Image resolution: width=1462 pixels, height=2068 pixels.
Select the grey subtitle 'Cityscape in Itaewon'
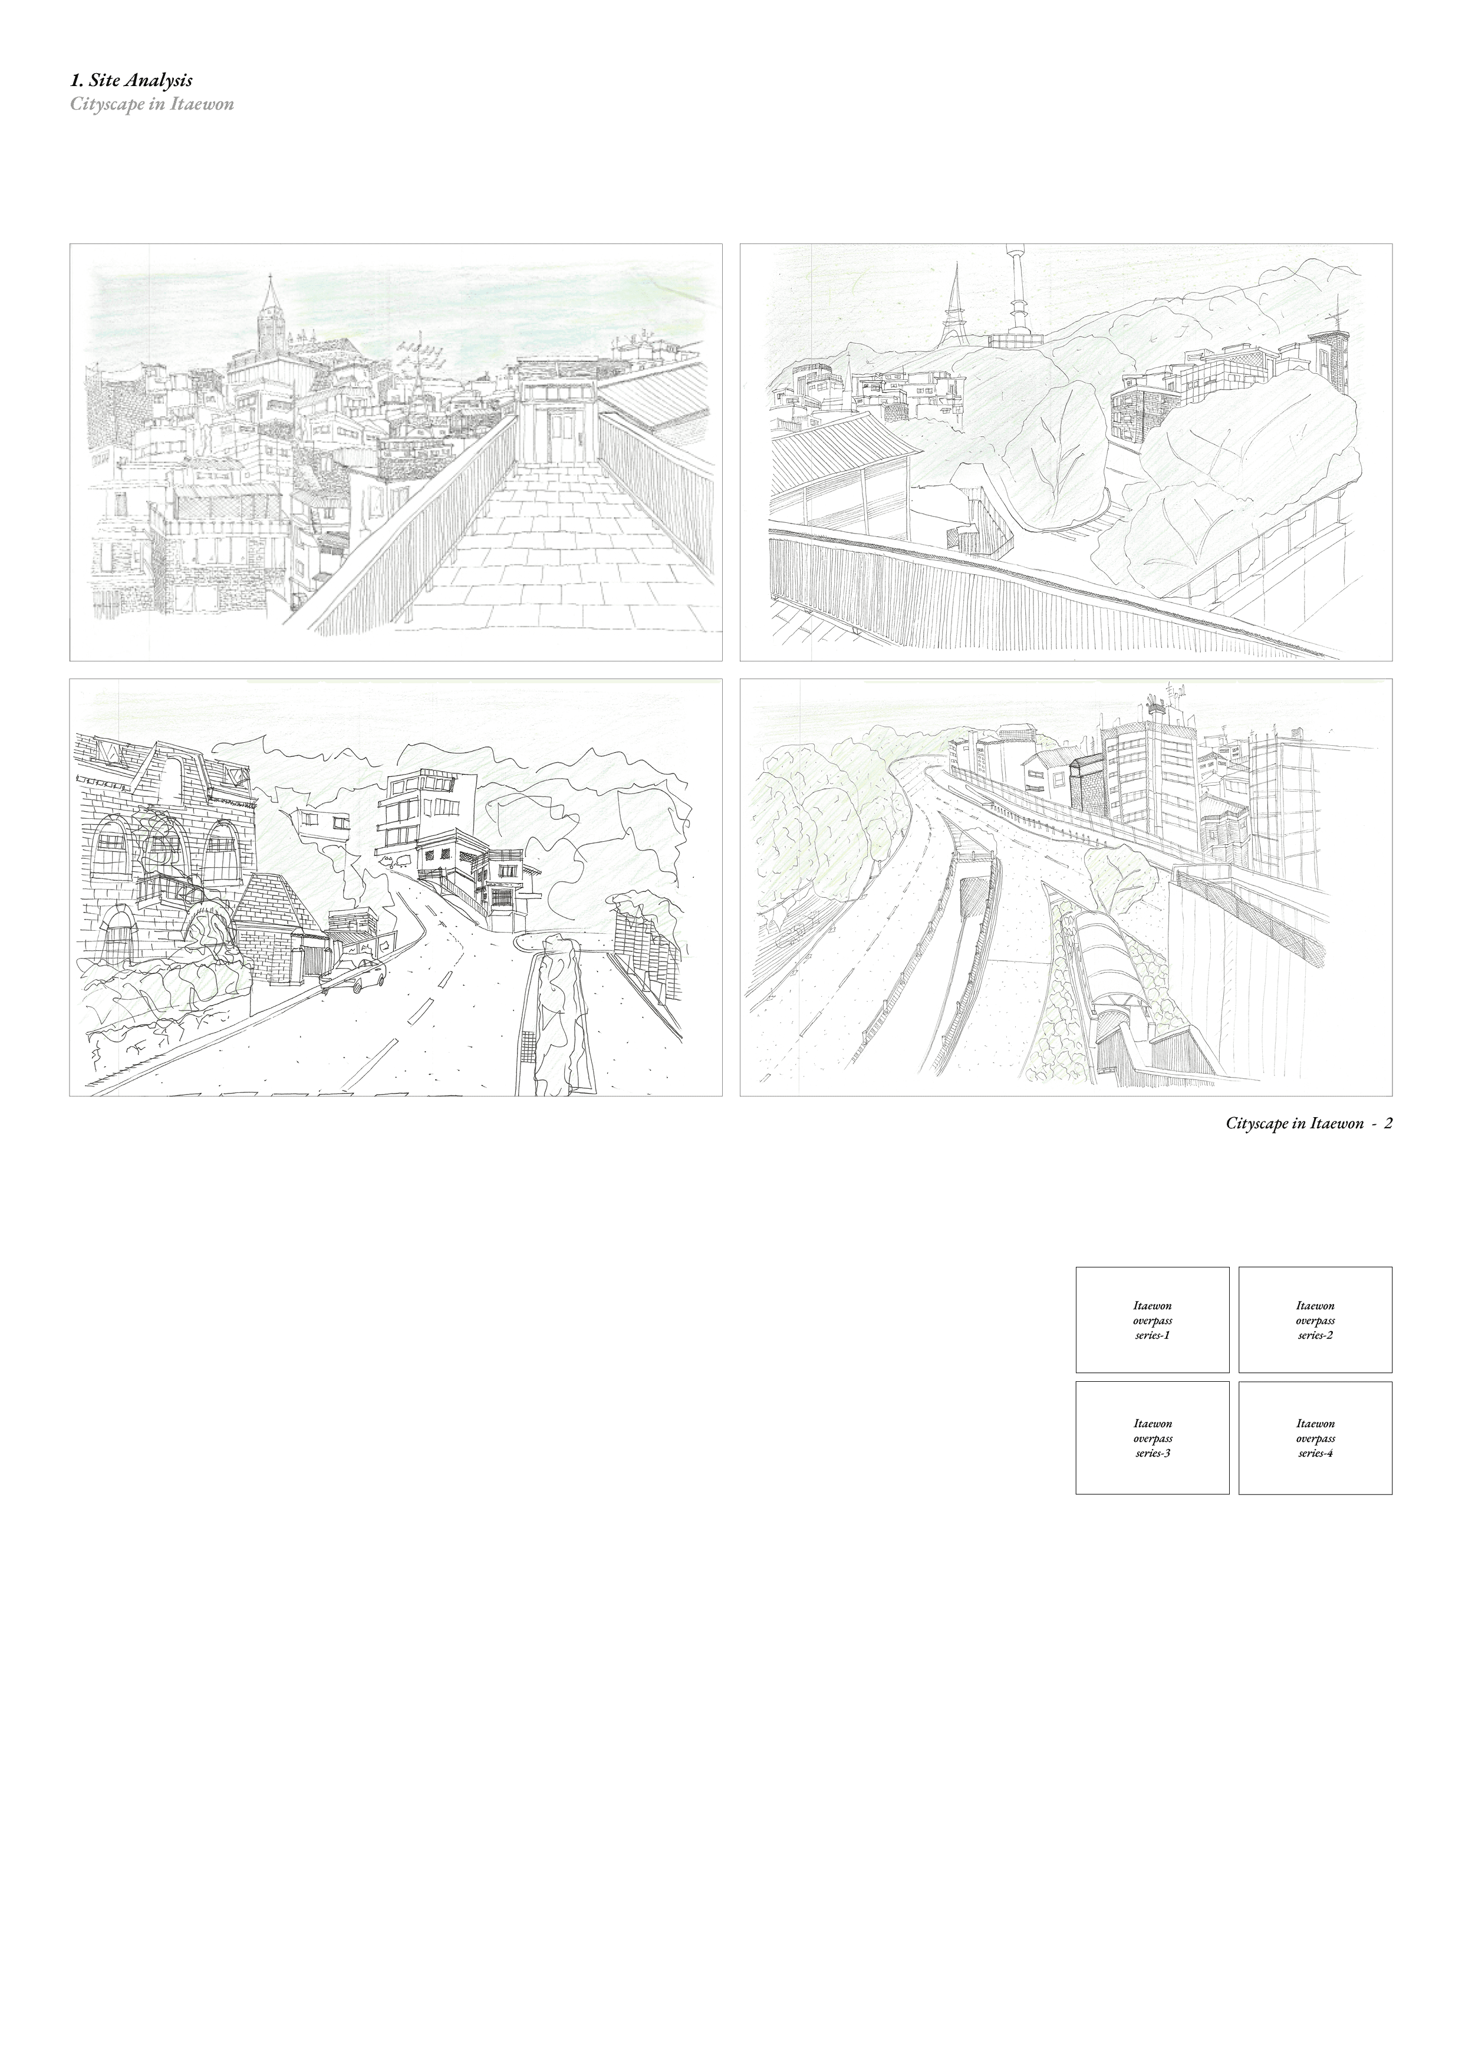[152, 104]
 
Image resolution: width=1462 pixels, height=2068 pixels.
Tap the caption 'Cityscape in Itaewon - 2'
[1309, 1124]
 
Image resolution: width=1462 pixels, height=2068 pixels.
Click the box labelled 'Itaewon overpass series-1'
[1152, 1319]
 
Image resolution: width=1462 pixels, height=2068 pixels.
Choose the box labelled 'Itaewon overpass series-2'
[1315, 1319]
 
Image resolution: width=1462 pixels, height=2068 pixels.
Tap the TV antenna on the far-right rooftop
[1337, 319]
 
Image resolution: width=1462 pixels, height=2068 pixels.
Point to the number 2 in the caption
[1388, 1124]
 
